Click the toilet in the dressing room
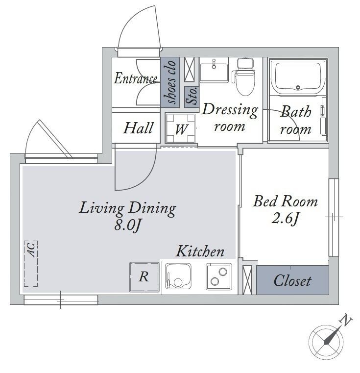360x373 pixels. pos(245,77)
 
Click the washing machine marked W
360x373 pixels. pos(180,128)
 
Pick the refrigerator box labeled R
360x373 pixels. pos(144,277)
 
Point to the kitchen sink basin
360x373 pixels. pos(178,276)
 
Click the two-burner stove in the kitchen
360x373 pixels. pos(219,276)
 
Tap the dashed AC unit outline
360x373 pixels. pos(31,264)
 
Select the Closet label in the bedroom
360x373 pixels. pos(292,281)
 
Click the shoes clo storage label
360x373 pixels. pos(170,82)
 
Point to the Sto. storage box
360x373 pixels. pos(192,97)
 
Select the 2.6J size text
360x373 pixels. pos(285,219)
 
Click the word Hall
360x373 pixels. pos(138,128)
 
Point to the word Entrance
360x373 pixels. pos(136,78)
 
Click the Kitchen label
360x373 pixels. pos(200,251)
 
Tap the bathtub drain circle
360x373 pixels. pos(298,87)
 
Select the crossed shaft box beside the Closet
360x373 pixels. pos(247,280)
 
